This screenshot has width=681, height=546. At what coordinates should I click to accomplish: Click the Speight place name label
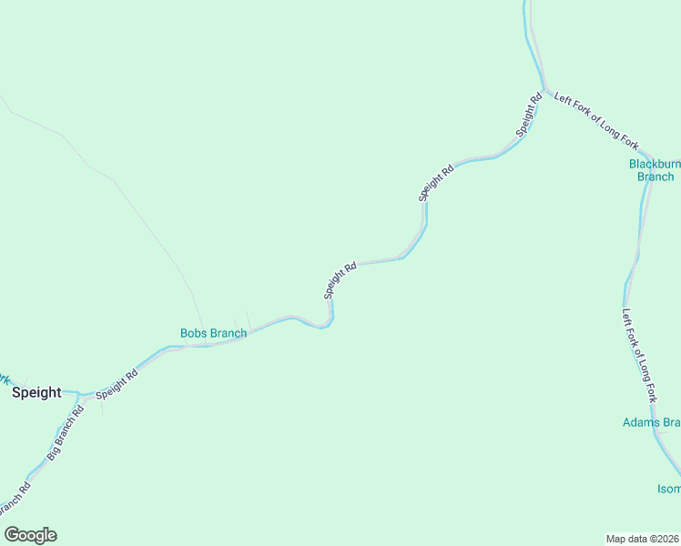[x=36, y=393]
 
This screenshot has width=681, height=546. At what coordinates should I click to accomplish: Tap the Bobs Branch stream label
[x=213, y=334]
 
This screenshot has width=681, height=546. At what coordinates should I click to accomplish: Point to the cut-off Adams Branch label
[x=651, y=422]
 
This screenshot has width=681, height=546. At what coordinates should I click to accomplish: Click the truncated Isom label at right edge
[x=668, y=489]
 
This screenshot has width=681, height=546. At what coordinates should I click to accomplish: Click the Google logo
[x=30, y=535]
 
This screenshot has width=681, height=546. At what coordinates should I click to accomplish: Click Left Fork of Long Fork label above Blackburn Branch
[x=596, y=120]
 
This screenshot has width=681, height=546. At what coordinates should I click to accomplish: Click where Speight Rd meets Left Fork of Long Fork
[x=545, y=91]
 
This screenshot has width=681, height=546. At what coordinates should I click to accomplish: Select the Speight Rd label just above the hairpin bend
[x=340, y=281]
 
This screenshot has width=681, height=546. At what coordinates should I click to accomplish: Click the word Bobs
[x=193, y=334]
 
